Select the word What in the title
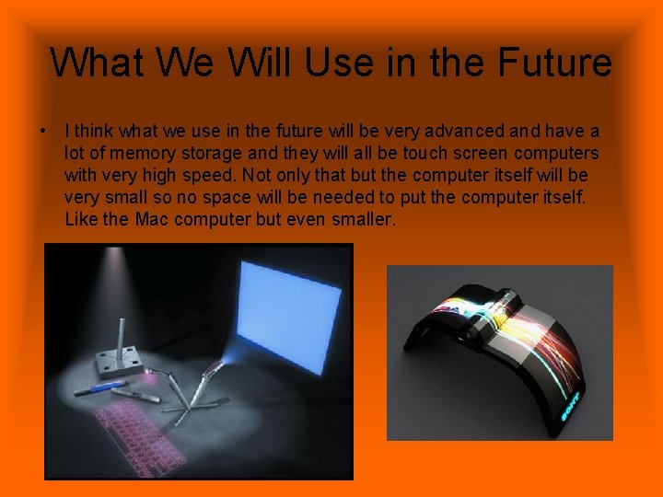(x=97, y=63)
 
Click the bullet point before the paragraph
(x=43, y=132)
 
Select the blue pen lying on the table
(x=99, y=387)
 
